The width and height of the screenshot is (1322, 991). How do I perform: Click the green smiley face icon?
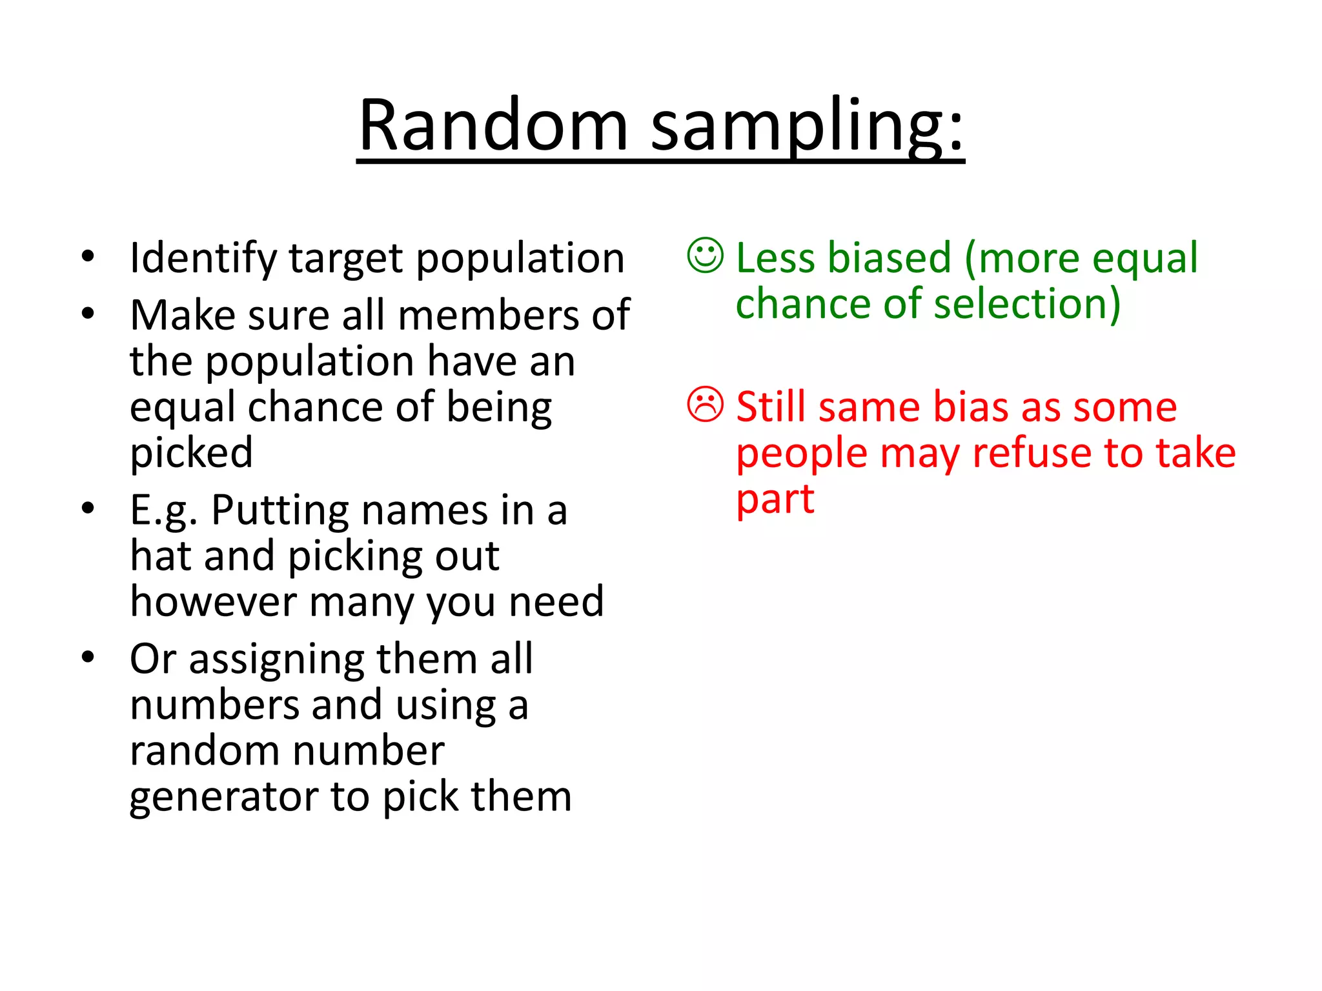point(706,256)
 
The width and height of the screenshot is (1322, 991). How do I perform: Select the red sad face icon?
point(706,405)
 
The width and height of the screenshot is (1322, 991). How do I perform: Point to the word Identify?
point(203,259)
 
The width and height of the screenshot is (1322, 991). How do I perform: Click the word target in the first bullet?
point(345,259)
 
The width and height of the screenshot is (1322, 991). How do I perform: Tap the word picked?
point(191,453)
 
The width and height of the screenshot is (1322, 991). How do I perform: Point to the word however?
point(214,602)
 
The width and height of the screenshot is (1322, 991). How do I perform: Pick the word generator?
point(223,797)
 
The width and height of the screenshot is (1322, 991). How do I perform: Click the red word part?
point(775,500)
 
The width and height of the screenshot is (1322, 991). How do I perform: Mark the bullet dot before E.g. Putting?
point(88,508)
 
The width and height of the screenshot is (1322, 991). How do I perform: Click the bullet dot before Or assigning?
point(88,657)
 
